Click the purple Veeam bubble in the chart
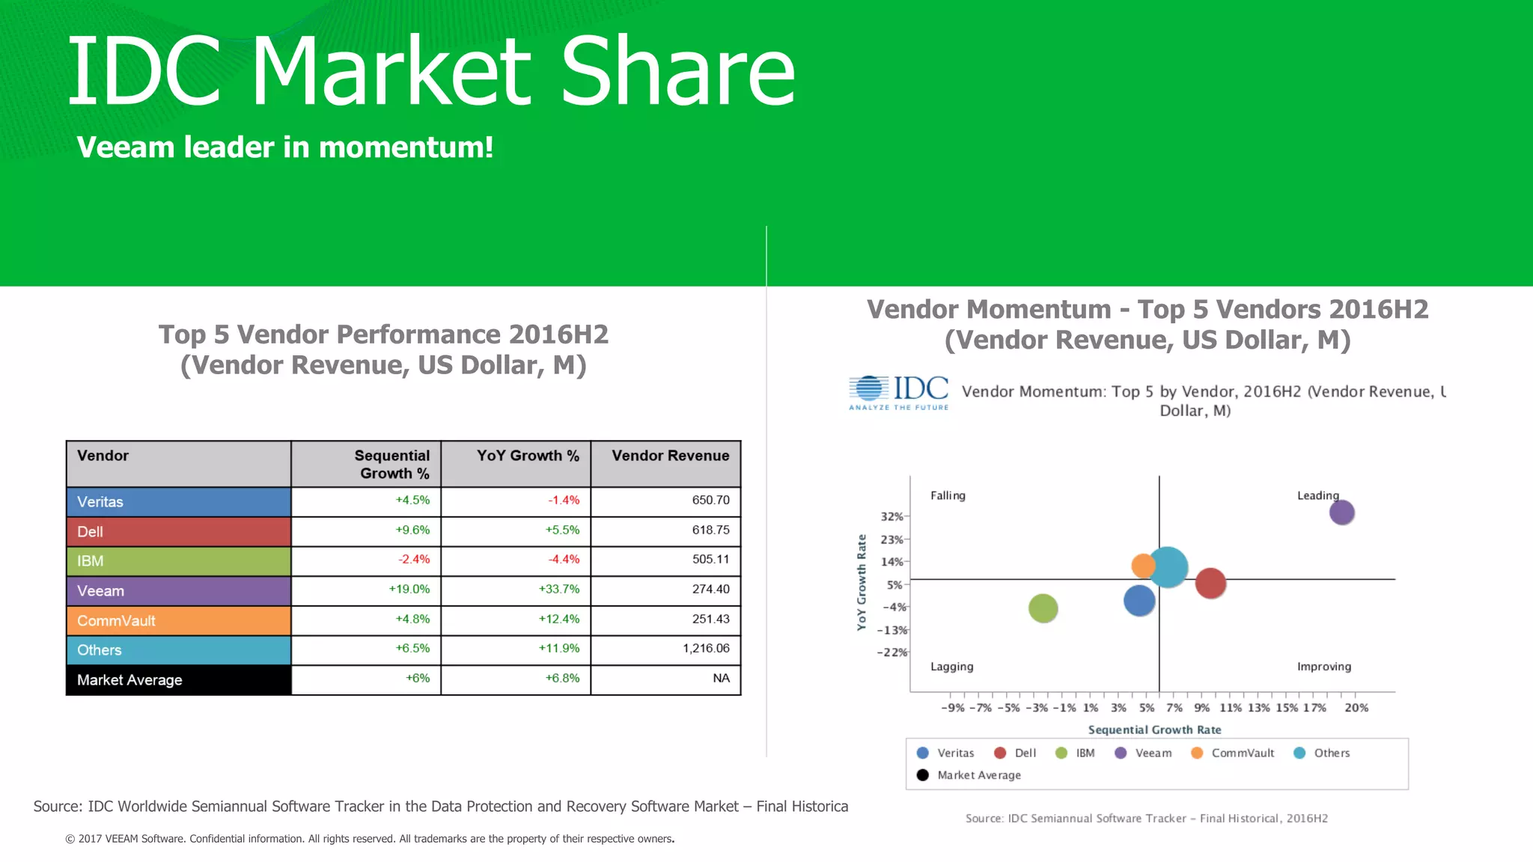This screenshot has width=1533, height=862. [x=1341, y=513]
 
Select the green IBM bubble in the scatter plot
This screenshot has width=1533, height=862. [x=1043, y=608]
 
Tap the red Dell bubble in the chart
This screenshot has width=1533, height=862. [x=1210, y=584]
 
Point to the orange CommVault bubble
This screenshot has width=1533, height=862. [x=1142, y=566]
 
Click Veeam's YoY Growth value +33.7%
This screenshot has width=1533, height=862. [x=559, y=590]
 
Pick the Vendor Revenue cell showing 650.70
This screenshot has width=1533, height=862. [x=710, y=501]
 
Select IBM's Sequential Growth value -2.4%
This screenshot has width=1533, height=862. [x=414, y=560]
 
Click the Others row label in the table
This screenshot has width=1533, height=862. [x=100, y=650]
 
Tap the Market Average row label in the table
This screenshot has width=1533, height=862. [x=129, y=680]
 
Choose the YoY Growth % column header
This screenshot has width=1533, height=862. [x=528, y=456]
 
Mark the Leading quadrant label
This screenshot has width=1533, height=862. [x=1317, y=495]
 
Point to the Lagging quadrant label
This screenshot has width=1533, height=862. [x=951, y=667]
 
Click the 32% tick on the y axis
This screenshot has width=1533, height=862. [x=892, y=516]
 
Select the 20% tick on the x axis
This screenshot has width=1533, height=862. [x=1356, y=708]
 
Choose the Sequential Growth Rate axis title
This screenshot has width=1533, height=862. [x=1154, y=730]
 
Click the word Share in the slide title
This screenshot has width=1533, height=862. [x=677, y=72]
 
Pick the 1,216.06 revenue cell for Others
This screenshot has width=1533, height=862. [x=705, y=649]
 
